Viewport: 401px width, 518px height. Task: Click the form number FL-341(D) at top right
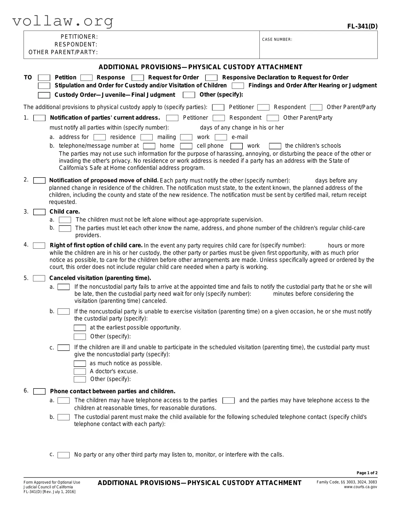pos(362,26)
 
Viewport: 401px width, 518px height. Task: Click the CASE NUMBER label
pos(277,40)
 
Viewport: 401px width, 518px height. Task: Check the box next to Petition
pos(44,78)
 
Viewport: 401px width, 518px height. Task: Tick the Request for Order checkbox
pos(138,78)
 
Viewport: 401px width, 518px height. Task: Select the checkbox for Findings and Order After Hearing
pos(238,86)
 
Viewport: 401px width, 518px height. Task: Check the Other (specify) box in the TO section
pos(189,95)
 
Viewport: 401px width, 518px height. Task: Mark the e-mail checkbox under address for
pos(221,137)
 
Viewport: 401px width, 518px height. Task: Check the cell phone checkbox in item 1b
pos(186,146)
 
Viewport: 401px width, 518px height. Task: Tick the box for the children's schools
pos(275,146)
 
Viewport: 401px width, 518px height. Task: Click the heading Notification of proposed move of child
pos(104,180)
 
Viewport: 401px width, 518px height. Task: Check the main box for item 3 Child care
pos(39,212)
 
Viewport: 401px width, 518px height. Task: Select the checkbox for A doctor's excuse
pos(80,372)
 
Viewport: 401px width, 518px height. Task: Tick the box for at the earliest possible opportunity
pos(80,328)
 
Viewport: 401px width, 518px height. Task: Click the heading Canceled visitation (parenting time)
pos(100,278)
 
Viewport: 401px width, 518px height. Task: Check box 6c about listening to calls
pos(64,455)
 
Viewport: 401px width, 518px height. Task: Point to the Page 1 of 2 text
pos(367,473)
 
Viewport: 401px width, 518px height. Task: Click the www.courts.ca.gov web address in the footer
pos(360,487)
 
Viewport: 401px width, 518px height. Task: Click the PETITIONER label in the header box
pos(79,37)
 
